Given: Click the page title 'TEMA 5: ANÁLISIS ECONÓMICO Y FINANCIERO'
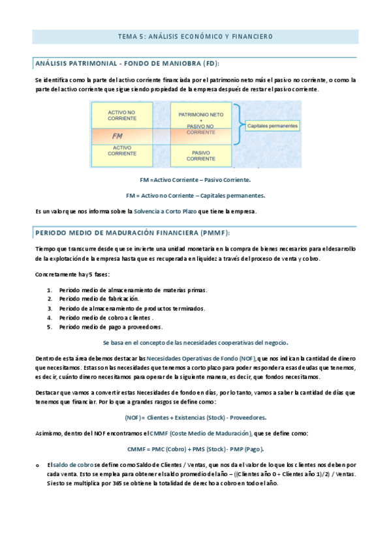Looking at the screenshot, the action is tap(195, 37).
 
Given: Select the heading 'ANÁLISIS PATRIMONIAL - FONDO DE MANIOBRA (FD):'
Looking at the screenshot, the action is tap(127, 63).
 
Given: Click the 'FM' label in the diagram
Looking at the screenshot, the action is tap(117, 136).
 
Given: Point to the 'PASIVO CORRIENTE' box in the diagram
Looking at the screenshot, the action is tap(205, 155).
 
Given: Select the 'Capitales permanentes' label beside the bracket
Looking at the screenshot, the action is tap(273, 125).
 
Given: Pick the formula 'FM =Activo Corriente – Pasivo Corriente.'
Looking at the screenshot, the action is tap(195, 179).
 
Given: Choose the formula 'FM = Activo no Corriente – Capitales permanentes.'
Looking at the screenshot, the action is tap(195, 195).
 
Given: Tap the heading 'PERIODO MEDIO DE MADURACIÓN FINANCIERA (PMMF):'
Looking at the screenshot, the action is tap(132, 233).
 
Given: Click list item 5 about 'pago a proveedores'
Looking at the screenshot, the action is tap(111, 327).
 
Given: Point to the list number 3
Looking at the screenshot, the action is tap(50, 308).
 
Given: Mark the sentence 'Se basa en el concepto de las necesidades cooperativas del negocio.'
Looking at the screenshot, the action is tap(195, 342).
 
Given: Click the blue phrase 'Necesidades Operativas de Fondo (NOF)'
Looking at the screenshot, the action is tap(201, 359).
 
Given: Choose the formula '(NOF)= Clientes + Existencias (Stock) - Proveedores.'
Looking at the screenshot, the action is tap(195, 417).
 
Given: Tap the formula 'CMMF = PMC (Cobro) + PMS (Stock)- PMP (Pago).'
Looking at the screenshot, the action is tap(195, 449).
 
